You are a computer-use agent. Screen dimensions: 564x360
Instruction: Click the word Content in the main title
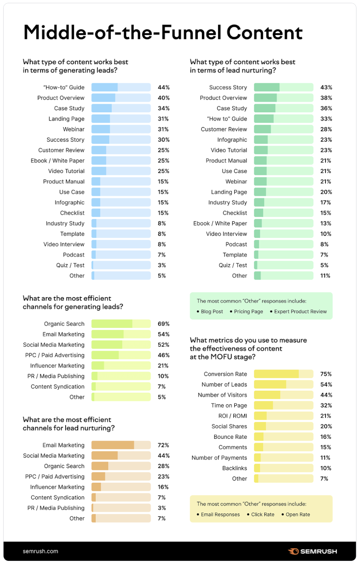[265, 33]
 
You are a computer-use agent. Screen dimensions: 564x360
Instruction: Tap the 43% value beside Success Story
[326, 87]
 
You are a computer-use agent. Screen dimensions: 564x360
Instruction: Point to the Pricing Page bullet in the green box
[248, 312]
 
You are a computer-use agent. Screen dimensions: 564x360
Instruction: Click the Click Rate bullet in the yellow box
[263, 514]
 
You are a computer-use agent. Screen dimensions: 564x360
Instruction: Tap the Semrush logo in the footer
[313, 551]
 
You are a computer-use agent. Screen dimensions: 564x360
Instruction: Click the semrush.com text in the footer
[40, 551]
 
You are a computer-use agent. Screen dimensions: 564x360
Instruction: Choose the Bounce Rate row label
[230, 437]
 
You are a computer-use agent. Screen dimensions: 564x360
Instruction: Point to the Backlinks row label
[234, 468]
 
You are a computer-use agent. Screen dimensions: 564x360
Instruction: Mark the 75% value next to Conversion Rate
[326, 374]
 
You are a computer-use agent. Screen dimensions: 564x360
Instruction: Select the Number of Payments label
[219, 458]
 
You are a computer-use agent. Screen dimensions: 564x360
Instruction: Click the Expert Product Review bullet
[300, 312]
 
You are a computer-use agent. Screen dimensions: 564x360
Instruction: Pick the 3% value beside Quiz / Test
[162, 265]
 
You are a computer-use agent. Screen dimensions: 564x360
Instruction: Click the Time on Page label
[229, 405]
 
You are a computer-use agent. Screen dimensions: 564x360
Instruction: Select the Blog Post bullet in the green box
[212, 312]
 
